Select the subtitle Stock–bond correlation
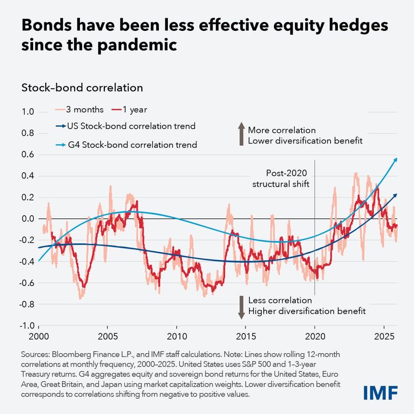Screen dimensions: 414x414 coord(82,87)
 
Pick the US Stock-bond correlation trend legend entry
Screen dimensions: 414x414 coord(124,126)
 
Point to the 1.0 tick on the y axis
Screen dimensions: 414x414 coord(28,112)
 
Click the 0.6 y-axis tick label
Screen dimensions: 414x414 coord(28,155)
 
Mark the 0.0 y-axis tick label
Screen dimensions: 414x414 coord(28,219)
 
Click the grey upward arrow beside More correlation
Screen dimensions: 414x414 coord(240,135)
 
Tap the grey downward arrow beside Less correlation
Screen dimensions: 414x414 coord(240,307)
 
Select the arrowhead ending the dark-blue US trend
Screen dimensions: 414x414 coord(395,195)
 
